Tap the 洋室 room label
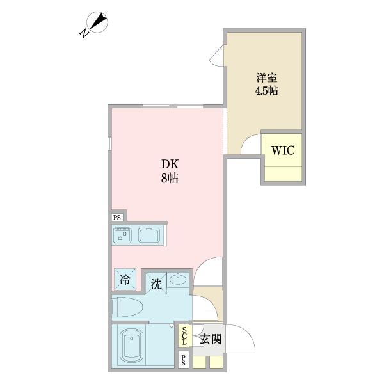coord(267,77)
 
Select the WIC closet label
coord(282,151)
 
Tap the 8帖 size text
coord(169,179)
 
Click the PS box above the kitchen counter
coord(118,218)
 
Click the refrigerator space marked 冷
coord(125,280)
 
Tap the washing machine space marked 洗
coord(156,283)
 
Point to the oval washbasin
coord(178,280)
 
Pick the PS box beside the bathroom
coord(184,360)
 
